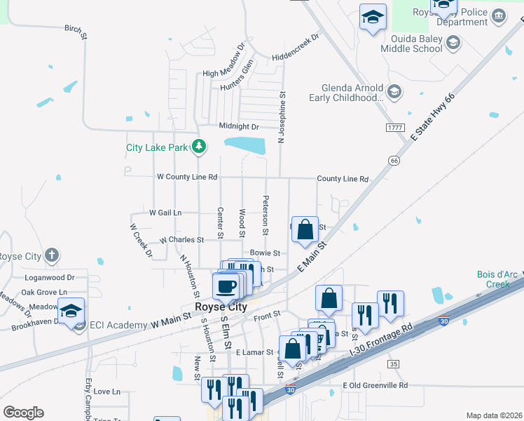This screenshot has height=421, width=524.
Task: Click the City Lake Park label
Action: point(157,147)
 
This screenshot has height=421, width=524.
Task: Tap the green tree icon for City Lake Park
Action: point(200,146)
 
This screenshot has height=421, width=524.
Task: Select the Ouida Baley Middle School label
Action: point(411,44)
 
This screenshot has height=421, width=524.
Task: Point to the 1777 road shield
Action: point(394,128)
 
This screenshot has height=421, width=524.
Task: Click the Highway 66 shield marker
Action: point(394,161)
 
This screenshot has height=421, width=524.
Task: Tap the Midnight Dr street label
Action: point(239,126)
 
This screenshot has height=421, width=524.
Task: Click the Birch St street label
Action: point(76,30)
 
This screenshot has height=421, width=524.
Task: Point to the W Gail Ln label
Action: point(165,212)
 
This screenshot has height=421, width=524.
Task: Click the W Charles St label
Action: point(181,240)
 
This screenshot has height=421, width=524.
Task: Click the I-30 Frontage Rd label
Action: point(388,345)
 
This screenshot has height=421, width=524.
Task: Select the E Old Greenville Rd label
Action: point(375,385)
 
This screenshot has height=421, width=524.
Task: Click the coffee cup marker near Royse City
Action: point(226,286)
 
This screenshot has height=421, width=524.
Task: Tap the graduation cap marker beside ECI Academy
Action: point(71,310)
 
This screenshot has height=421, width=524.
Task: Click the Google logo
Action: point(23,413)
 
